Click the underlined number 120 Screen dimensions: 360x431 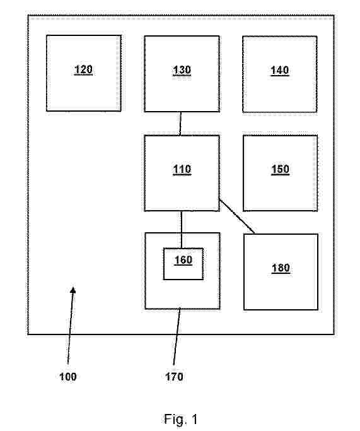point(83,70)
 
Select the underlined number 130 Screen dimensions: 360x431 point(182,71)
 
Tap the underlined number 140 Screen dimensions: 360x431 point(280,71)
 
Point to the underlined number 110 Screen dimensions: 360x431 point(182,169)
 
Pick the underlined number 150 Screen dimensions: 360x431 point(281,169)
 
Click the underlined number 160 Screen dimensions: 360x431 point(183,260)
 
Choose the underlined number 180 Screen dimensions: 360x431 point(281,268)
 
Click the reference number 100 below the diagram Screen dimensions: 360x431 point(68,376)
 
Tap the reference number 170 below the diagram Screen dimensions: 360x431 point(174,376)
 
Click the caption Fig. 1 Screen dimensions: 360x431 point(181,419)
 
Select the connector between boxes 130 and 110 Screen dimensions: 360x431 point(180,124)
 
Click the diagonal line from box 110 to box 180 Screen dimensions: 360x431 point(237,216)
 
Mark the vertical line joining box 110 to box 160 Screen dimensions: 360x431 point(182,230)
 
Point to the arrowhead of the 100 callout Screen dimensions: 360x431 point(73,290)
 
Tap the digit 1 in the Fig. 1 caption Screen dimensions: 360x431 point(194,419)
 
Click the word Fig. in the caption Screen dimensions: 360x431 point(174,420)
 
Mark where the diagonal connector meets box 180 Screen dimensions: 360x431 point(254,233)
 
